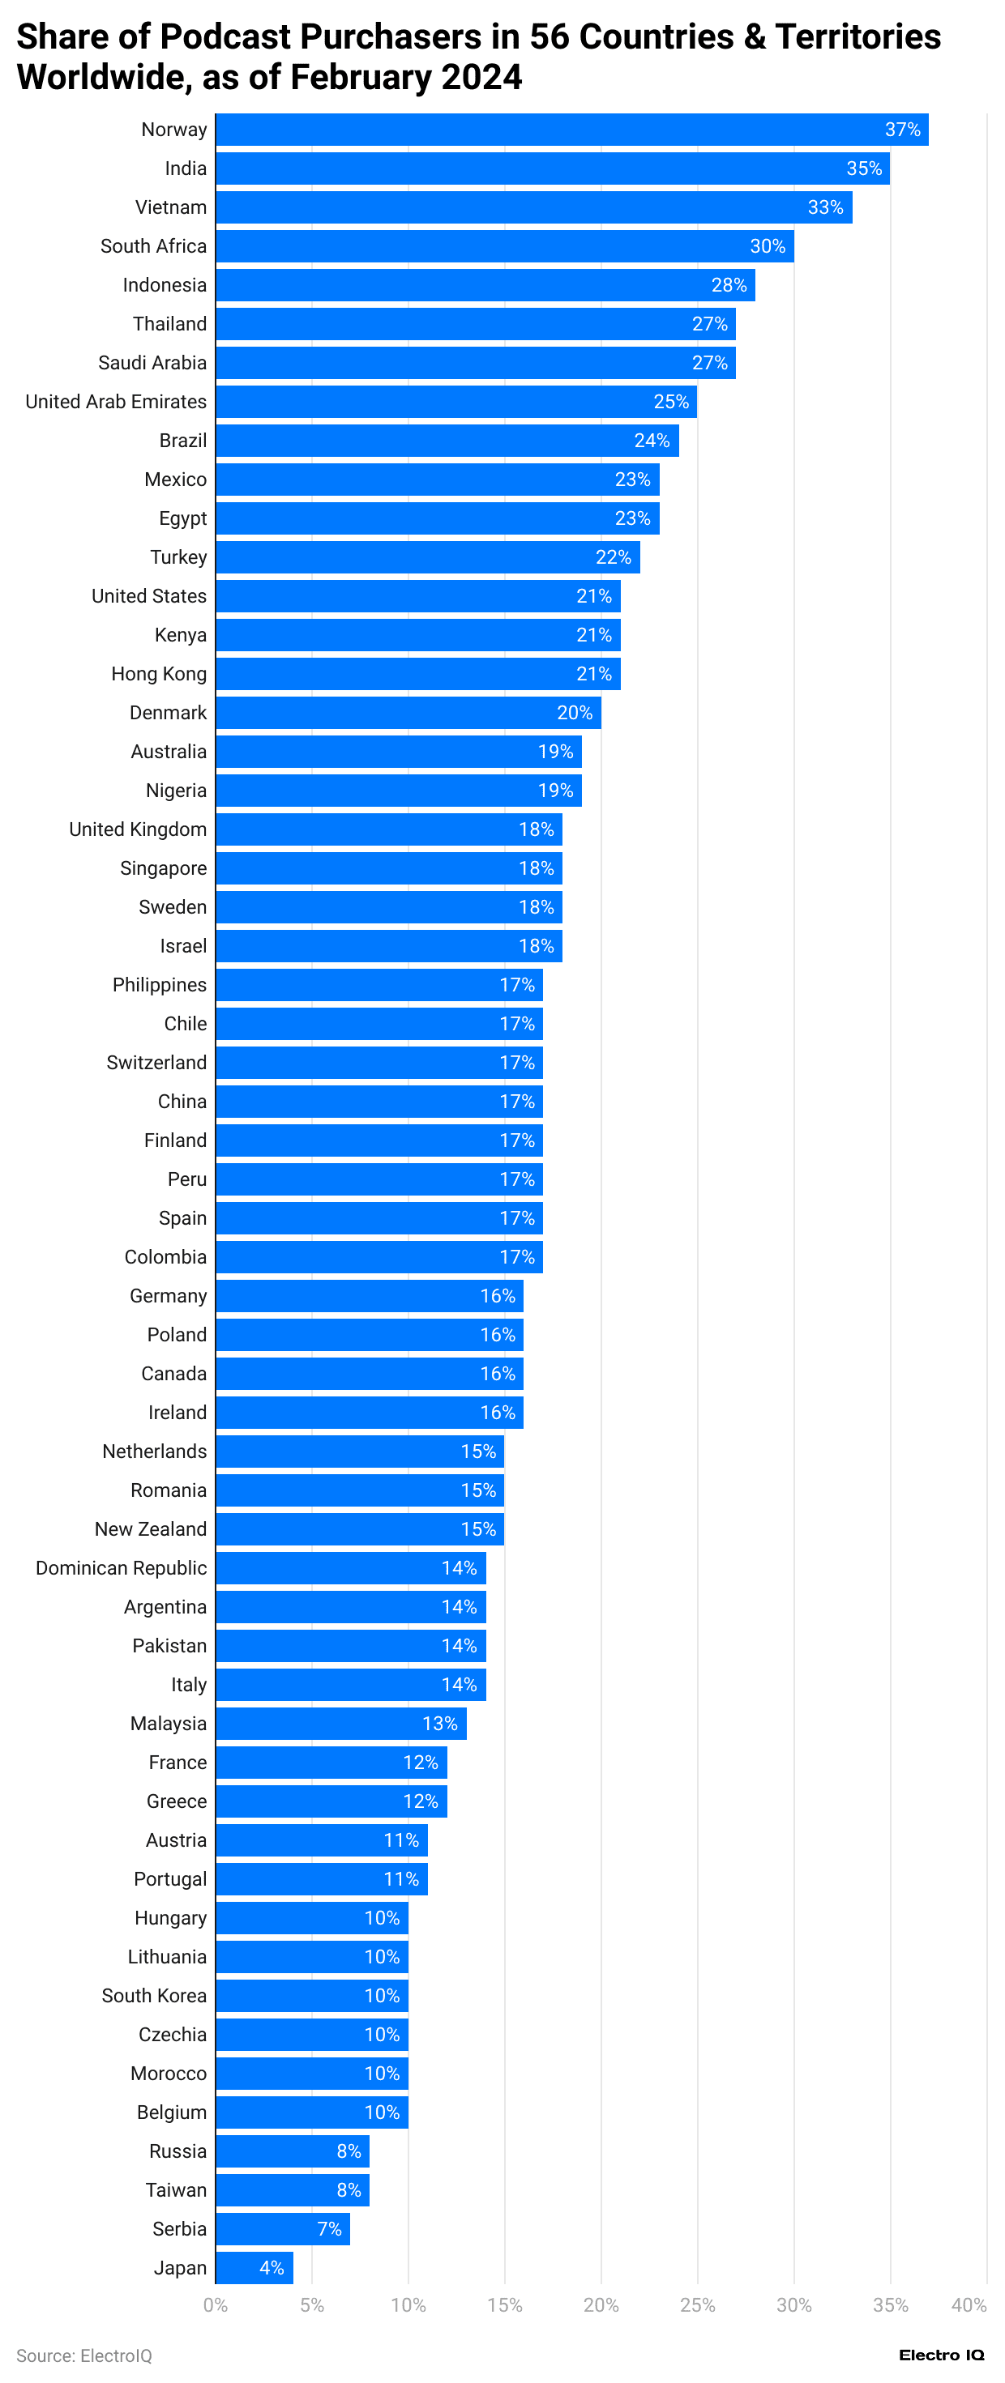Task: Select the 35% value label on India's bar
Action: pos(863,168)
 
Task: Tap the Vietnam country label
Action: pos(171,207)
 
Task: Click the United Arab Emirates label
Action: pos(116,402)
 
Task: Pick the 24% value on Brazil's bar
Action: pos(652,441)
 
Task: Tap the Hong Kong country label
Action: pos(158,673)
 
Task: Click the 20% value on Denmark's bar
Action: pos(574,712)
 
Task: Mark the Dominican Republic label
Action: pos(122,1568)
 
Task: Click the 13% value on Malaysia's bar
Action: pos(439,1724)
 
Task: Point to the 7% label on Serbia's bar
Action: pos(329,2228)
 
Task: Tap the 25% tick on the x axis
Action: pos(697,2304)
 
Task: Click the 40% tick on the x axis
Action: pos(968,2304)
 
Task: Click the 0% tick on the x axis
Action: pos(216,2304)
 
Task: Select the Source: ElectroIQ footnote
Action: pos(84,2355)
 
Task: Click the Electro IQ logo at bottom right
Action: pos(941,2355)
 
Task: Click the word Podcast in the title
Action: pos(226,37)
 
